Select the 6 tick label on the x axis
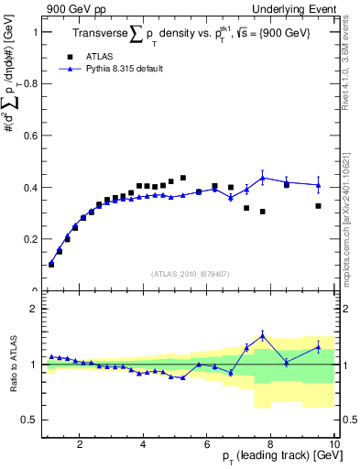pos(207,444)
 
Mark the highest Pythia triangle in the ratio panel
pos(262,335)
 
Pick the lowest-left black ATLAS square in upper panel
pos(51,264)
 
